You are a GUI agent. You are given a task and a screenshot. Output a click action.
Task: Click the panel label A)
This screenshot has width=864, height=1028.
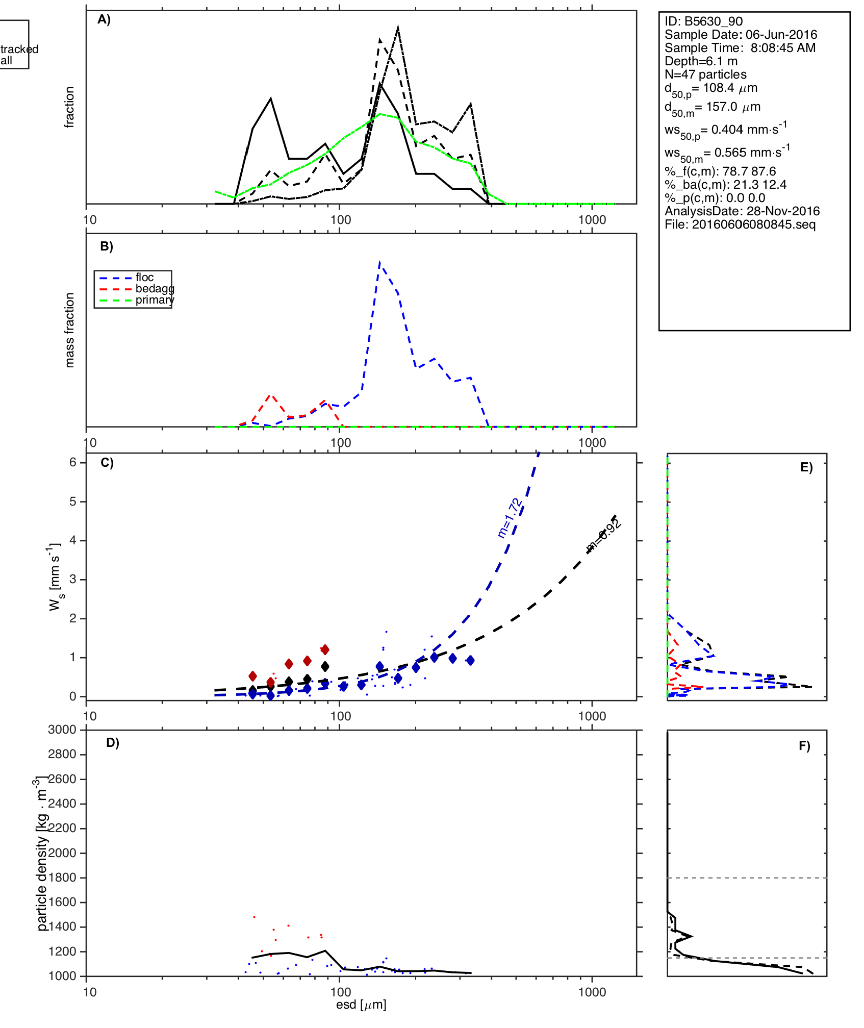point(104,19)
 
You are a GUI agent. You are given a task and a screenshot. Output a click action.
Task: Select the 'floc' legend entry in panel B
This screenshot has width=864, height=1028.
point(144,278)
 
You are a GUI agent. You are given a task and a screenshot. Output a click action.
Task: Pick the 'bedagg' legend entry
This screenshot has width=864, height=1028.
point(155,289)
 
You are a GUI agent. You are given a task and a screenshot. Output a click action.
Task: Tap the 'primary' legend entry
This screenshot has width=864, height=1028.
point(155,300)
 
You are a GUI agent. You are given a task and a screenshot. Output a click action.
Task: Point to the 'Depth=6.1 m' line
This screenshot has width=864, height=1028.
point(701,61)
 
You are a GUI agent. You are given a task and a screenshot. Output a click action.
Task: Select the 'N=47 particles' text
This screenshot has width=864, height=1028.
point(705,74)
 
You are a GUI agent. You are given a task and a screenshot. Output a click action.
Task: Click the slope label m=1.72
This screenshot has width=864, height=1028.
point(510,518)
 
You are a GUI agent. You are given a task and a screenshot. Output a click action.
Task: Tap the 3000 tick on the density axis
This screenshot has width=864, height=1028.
point(62,730)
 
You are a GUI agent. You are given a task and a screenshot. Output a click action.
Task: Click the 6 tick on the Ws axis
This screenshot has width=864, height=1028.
point(73,462)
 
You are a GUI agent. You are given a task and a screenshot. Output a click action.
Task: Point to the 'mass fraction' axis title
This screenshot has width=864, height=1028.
point(70,330)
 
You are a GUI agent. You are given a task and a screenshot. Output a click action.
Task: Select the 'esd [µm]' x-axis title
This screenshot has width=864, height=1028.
point(361,1005)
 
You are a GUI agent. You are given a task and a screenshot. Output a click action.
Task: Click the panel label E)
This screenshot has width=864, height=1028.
point(806,467)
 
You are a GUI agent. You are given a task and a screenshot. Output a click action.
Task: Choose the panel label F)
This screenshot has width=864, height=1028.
point(804,746)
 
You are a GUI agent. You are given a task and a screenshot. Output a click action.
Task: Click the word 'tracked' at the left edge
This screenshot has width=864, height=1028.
point(19,49)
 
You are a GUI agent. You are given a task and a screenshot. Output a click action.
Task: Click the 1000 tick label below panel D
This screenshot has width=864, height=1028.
point(592,992)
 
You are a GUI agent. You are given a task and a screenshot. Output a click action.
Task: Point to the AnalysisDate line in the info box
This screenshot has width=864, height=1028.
point(742,211)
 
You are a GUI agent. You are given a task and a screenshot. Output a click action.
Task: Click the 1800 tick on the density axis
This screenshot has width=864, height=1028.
point(62,877)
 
